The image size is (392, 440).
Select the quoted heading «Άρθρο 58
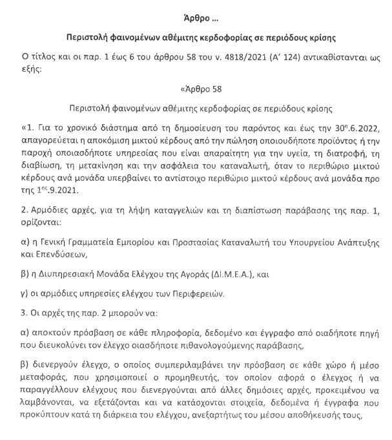[196, 89]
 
